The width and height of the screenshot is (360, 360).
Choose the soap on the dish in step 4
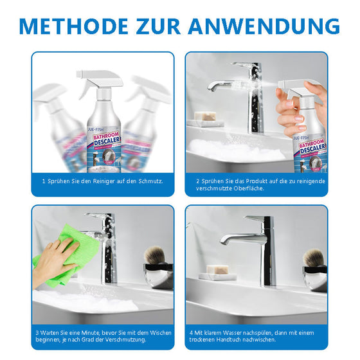(x=217, y=269)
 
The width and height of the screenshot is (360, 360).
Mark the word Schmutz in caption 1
(x=148, y=181)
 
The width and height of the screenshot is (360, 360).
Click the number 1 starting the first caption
(x=44, y=181)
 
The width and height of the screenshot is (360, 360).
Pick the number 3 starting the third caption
(x=37, y=332)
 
